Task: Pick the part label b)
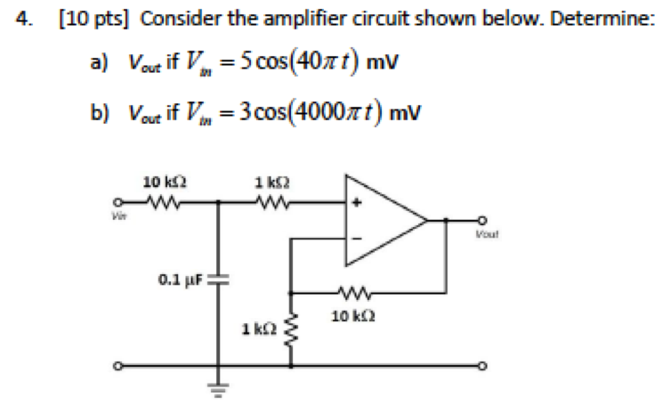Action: point(99,111)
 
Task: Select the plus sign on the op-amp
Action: point(360,202)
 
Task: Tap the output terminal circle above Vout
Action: point(483,219)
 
